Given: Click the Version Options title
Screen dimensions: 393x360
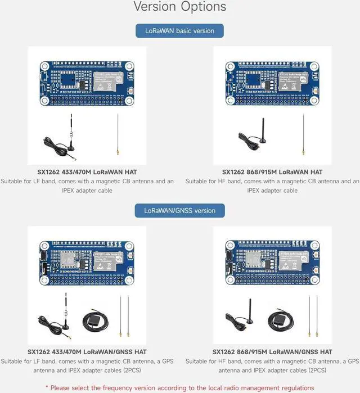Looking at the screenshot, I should [x=180, y=7].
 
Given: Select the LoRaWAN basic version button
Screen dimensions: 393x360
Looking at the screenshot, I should [x=179, y=30].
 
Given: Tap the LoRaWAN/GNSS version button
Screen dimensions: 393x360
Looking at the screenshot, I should [x=179, y=210].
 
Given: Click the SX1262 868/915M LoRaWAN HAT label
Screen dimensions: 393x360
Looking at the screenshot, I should [x=272, y=171].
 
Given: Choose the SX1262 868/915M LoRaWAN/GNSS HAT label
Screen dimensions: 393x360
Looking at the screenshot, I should [x=272, y=351].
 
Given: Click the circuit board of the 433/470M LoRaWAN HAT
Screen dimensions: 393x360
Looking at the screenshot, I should [x=87, y=83].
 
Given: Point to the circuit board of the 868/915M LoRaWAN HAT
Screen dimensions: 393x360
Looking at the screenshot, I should [x=272, y=83].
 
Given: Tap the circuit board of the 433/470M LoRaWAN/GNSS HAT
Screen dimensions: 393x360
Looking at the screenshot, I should [x=87, y=263].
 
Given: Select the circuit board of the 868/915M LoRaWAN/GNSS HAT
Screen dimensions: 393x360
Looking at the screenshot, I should [x=272, y=263].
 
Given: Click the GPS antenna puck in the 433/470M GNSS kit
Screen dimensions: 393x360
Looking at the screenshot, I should [x=93, y=320].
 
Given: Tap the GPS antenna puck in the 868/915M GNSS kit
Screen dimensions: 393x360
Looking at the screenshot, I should [x=280, y=319].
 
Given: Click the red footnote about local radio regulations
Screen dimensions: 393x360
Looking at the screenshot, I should [x=180, y=387].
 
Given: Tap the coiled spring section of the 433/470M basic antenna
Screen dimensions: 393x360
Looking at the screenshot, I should [x=71, y=135].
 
